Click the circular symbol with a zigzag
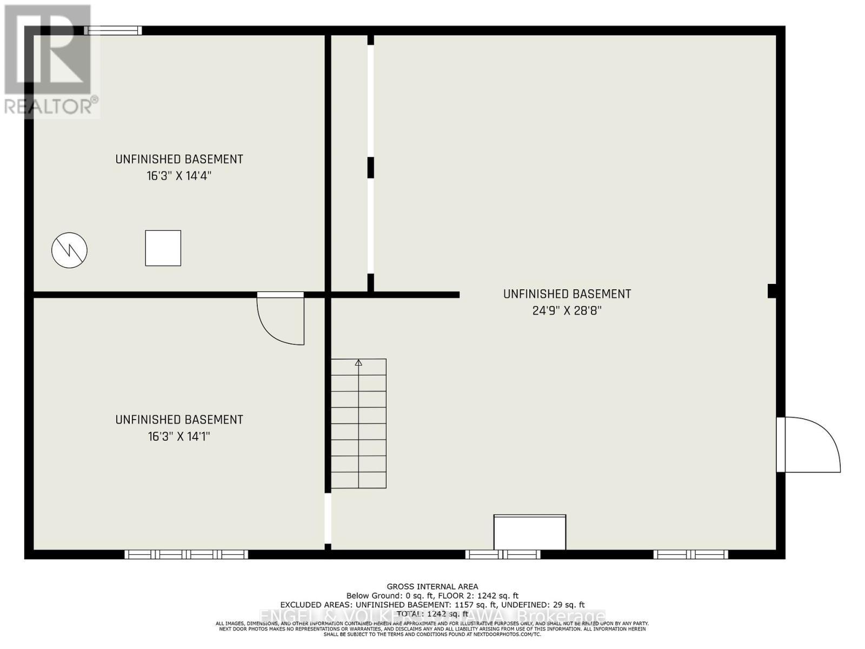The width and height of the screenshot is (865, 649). pyautogui.click(x=69, y=250)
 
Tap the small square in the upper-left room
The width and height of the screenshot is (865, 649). pyautogui.click(x=163, y=248)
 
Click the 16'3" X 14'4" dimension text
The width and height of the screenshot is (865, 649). pyautogui.click(x=179, y=176)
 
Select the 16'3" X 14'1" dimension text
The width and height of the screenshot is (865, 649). pyautogui.click(x=179, y=436)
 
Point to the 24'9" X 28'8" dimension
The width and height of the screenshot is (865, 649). pyautogui.click(x=567, y=311)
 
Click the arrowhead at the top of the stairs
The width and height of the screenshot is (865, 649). pyautogui.click(x=358, y=363)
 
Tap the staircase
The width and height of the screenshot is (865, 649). pyautogui.click(x=358, y=423)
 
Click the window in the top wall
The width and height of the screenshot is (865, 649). pyautogui.click(x=113, y=31)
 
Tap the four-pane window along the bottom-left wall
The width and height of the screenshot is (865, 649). pyautogui.click(x=186, y=554)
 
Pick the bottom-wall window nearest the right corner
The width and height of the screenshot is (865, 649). pyautogui.click(x=690, y=554)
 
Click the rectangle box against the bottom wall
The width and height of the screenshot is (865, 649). pyautogui.click(x=530, y=533)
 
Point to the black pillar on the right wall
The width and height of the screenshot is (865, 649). pyautogui.click(x=772, y=291)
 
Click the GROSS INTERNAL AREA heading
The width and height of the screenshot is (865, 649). pyautogui.click(x=432, y=586)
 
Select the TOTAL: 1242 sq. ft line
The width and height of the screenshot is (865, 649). pyautogui.click(x=432, y=614)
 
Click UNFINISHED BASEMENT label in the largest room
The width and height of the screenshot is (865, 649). pyautogui.click(x=567, y=294)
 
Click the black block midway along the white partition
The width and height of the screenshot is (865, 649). pyautogui.click(x=370, y=168)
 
